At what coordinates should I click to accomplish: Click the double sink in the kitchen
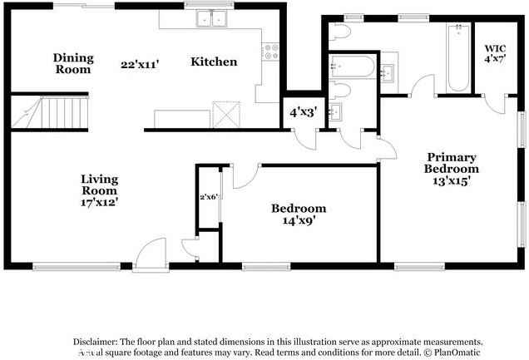(211, 18)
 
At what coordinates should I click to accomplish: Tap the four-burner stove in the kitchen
(270, 52)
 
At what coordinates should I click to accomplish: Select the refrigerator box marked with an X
(225, 113)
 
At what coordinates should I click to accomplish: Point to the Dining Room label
(72, 63)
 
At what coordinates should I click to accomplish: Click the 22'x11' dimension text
(139, 63)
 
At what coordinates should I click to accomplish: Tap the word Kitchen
(214, 62)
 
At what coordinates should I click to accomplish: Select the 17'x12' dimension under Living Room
(98, 201)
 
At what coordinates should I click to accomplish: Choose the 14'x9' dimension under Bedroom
(298, 221)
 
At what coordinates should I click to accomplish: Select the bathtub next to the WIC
(458, 58)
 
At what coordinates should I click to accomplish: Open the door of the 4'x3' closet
(305, 139)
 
